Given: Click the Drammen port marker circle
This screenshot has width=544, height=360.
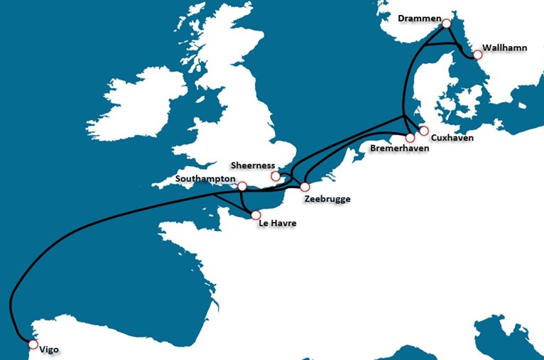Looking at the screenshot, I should (446, 23).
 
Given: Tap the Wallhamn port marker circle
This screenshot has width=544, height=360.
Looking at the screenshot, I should (477, 55).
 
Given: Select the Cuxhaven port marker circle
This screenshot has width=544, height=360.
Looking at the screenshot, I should (424, 131).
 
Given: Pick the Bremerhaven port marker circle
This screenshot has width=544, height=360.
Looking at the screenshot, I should (410, 138).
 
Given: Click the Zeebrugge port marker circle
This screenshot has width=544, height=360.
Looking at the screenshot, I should (305, 187).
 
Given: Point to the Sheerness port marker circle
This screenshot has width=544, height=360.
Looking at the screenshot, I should (276, 176).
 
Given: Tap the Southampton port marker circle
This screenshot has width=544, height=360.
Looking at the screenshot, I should (242, 186).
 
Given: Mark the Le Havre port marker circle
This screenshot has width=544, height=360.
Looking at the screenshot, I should (256, 214).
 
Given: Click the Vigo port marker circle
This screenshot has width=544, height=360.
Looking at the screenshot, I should (32, 344).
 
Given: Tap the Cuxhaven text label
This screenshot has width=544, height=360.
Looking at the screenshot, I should (452, 137).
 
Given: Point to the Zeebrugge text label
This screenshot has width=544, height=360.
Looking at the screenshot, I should (327, 199).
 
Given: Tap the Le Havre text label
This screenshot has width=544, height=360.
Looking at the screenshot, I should (278, 224).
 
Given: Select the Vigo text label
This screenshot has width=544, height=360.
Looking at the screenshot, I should (49, 350).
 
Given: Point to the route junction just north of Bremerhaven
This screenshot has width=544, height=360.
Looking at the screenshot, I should (403, 118).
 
